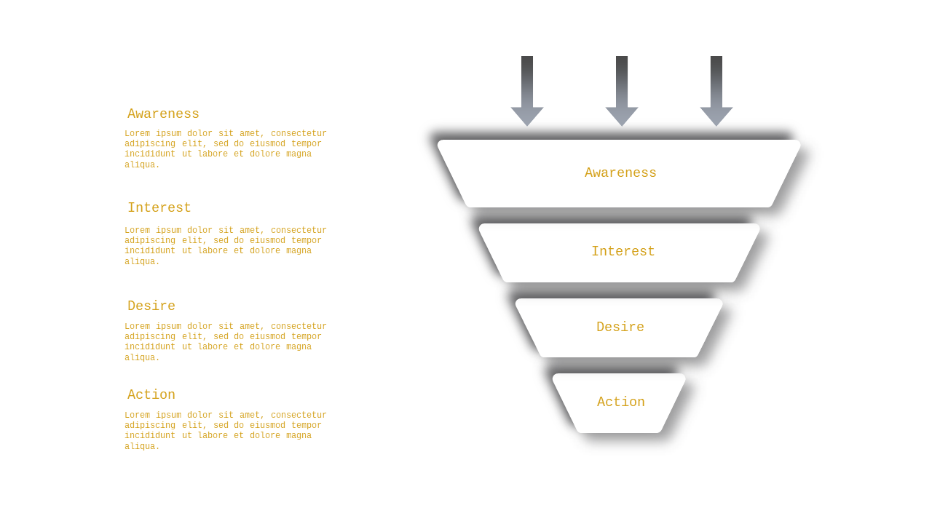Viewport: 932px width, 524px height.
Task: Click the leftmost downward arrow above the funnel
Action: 527,91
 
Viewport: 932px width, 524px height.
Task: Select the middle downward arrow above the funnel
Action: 622,91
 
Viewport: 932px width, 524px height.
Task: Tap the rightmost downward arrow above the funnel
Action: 716,91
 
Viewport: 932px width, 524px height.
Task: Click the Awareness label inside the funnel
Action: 620,172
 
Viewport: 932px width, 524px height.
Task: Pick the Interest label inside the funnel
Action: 623,251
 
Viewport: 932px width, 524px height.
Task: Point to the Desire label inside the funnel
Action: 620,327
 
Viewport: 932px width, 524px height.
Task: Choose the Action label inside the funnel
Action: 621,402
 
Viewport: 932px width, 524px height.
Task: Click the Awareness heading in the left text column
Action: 163,114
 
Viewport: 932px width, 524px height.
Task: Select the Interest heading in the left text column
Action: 159,207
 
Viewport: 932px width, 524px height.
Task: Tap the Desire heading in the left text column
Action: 151,306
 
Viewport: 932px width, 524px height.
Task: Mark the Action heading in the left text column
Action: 151,394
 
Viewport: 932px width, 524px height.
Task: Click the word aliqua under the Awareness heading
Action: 142,164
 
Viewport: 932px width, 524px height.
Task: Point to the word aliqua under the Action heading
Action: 142,446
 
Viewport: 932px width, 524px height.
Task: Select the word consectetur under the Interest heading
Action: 299,230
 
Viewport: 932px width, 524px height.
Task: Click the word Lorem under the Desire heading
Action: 138,326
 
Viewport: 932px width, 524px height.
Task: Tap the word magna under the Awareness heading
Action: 299,154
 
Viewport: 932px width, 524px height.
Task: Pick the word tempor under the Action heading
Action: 307,425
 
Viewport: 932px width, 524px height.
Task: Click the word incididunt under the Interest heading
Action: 150,250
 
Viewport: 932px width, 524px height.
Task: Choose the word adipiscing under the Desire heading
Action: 150,336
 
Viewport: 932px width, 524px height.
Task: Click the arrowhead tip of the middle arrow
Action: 622,126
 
